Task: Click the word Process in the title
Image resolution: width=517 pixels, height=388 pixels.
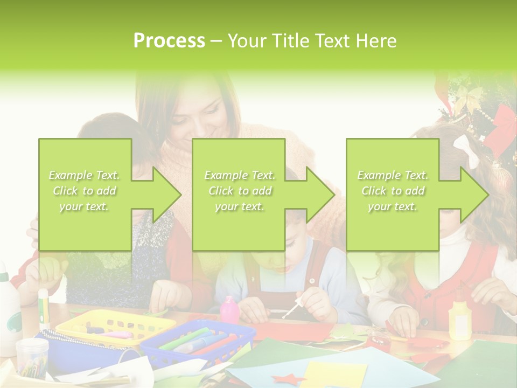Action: point(169,41)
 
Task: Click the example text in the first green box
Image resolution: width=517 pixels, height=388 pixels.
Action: point(85,191)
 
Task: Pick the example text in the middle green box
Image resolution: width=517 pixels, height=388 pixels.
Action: point(240,191)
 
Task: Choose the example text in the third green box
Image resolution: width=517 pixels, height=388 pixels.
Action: point(393,191)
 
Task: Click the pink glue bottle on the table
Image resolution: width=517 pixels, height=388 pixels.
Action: point(229,310)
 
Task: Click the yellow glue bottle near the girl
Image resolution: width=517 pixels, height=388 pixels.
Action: point(460,320)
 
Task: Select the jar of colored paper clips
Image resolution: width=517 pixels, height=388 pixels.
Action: point(32,356)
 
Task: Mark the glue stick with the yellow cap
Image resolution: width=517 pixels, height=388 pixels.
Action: point(44,308)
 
